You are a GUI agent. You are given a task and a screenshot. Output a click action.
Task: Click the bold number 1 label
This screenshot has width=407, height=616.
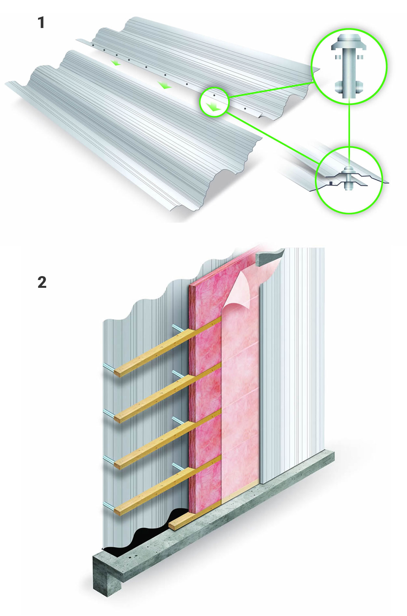(x=41, y=23)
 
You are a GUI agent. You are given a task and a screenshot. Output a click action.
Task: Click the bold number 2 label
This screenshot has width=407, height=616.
(x=42, y=282)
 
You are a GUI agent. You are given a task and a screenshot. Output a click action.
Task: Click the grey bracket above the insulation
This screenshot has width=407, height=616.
(x=269, y=256)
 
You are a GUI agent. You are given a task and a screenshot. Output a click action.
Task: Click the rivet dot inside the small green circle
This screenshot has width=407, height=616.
(x=214, y=95)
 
